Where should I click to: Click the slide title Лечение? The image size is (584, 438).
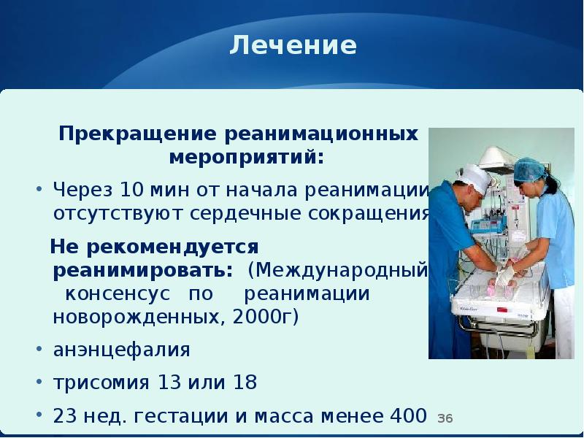(x=293, y=46)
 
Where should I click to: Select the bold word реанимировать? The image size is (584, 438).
(x=143, y=269)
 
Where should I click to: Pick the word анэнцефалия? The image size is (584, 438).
(x=121, y=350)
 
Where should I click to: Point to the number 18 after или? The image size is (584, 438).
(x=245, y=382)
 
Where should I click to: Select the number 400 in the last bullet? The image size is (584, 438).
(x=404, y=415)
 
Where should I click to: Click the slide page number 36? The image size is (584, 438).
(x=445, y=418)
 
